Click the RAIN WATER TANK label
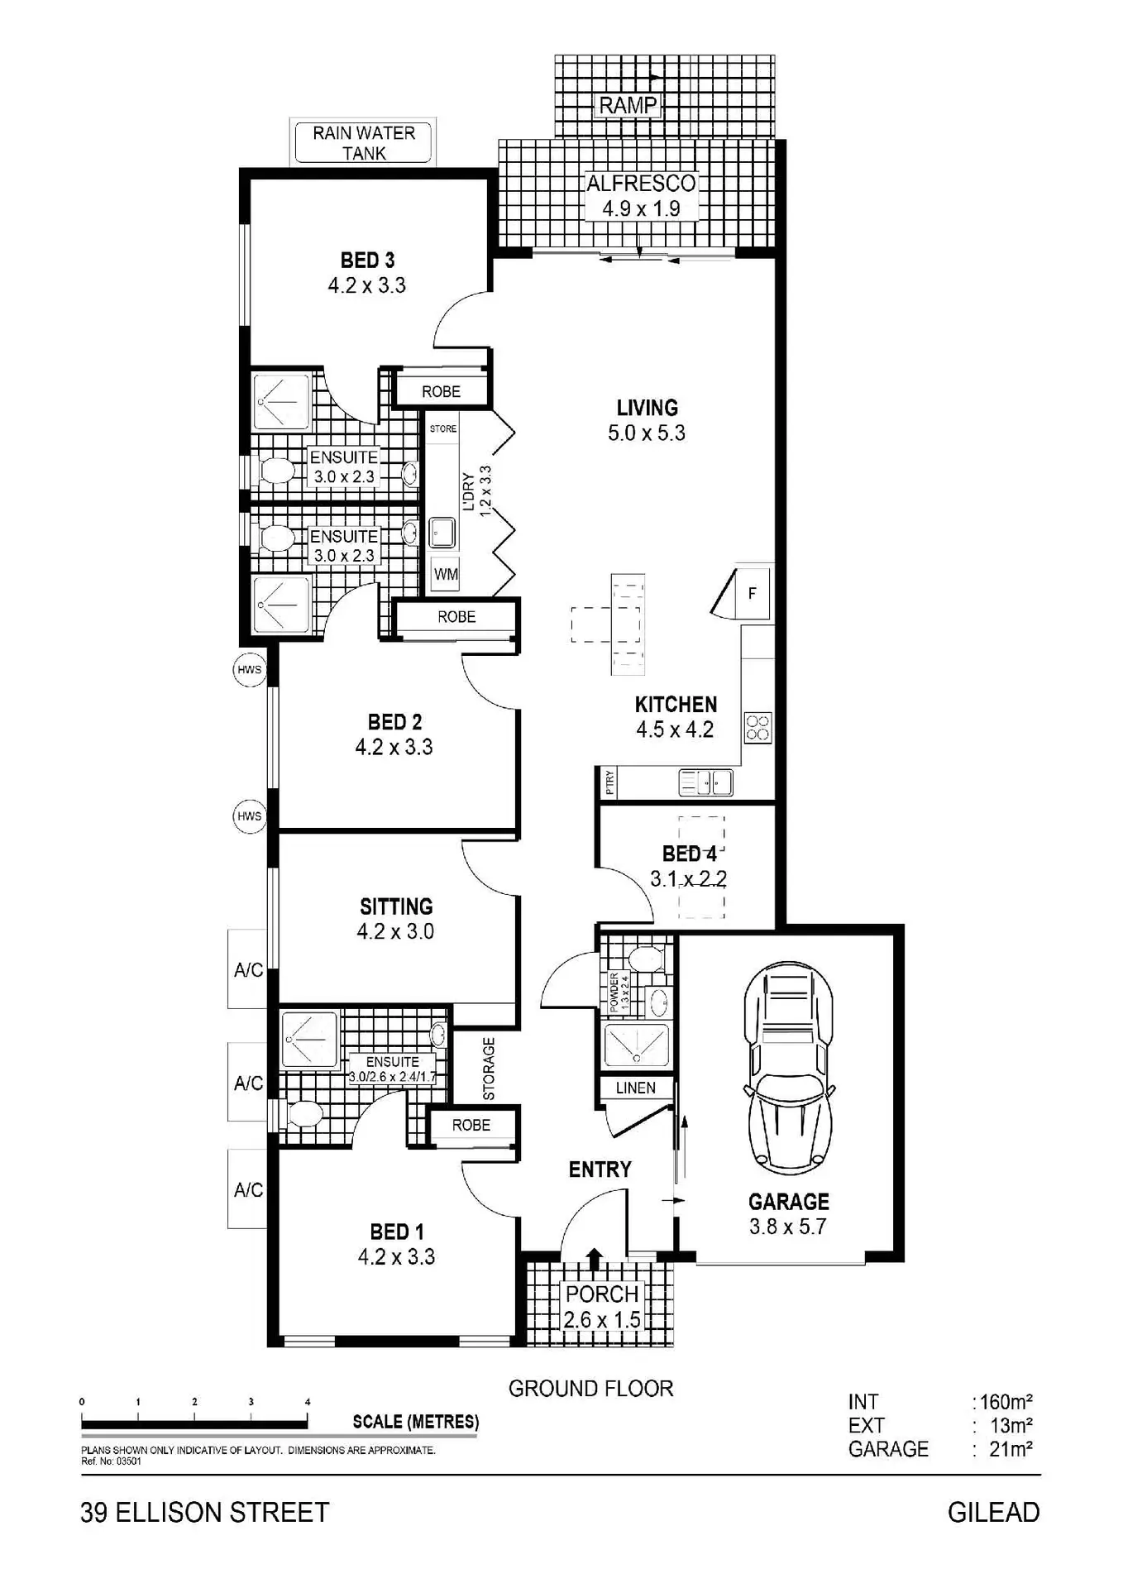coord(364,143)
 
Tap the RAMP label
coord(628,105)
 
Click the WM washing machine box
coord(446,574)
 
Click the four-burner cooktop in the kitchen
coord(757,728)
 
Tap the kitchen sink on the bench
coord(705,782)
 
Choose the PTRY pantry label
coord(609,782)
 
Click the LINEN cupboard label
coord(636,1088)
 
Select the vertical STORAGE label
coord(489,1069)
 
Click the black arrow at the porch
coord(595,1258)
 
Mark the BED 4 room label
coord(690,854)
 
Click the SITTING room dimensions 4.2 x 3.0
coord(395,931)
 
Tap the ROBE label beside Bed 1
coord(471,1125)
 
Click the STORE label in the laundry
coord(443,428)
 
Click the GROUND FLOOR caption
coord(591,1389)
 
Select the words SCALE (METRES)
coord(416,1422)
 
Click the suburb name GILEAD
coord(994,1513)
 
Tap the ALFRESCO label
coord(642,183)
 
